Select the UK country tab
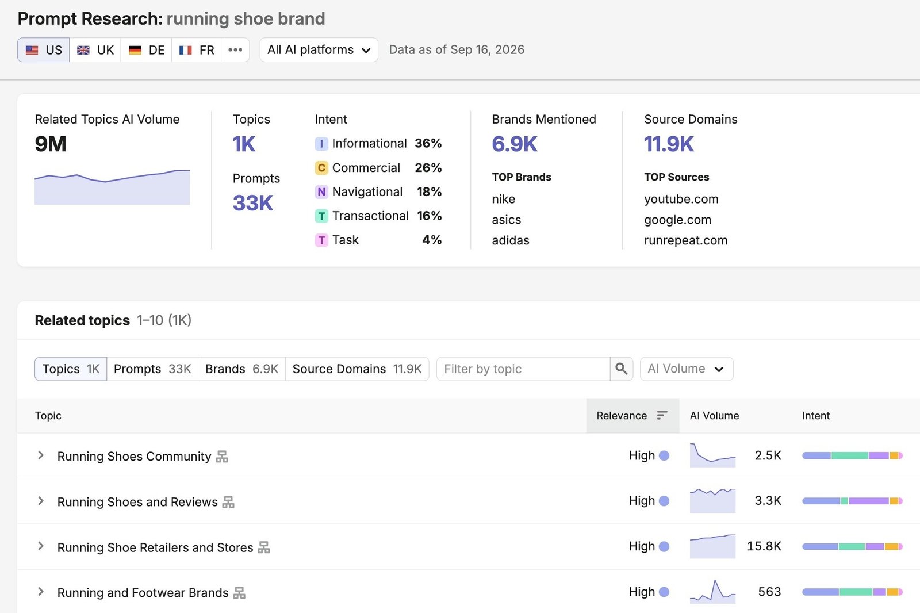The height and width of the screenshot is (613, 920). [95, 49]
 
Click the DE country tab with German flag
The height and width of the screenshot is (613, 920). [146, 49]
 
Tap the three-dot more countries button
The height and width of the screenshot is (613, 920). [235, 49]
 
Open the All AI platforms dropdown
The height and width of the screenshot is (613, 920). [319, 49]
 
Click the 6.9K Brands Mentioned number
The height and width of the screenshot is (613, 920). [515, 144]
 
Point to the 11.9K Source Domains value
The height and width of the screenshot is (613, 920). [669, 144]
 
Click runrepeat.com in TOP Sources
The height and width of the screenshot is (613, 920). [685, 240]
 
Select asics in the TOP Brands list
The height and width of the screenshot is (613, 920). [507, 220]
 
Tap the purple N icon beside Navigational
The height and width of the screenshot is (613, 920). [321, 191]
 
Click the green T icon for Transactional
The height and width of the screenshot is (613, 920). [321, 216]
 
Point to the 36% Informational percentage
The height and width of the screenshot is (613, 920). [428, 143]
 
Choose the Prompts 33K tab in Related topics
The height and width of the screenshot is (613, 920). [152, 369]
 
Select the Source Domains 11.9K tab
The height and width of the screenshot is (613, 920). [357, 369]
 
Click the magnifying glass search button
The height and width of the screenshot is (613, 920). [622, 369]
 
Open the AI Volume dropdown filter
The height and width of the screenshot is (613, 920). [687, 369]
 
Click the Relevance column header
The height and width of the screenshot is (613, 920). [632, 415]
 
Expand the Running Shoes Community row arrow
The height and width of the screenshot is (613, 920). [41, 455]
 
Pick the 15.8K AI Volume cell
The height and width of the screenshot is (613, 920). [764, 546]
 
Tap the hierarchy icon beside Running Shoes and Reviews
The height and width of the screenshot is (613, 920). [228, 501]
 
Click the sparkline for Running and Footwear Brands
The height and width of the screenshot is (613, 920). [712, 591]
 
